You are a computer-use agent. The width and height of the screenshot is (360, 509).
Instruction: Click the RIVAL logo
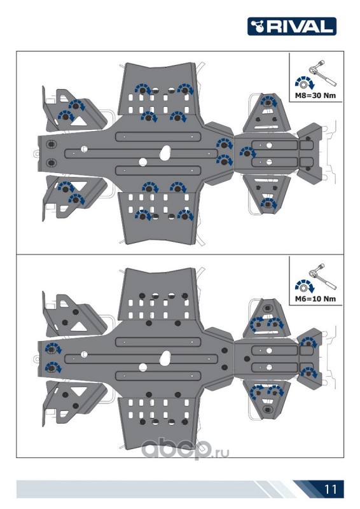click(x=291, y=26)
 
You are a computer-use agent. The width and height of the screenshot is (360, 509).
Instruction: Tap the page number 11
click(x=330, y=489)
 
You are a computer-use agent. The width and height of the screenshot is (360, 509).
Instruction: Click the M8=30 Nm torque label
click(x=315, y=95)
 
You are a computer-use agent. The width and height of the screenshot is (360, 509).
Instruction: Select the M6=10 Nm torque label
click(x=315, y=298)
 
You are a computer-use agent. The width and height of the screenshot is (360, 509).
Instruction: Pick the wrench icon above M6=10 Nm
click(x=322, y=276)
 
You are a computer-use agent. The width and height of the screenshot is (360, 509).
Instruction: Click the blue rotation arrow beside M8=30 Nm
click(x=304, y=83)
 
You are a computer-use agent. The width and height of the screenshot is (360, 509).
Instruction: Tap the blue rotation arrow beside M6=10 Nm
click(x=304, y=286)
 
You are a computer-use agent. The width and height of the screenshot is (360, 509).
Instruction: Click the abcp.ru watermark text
click(x=185, y=449)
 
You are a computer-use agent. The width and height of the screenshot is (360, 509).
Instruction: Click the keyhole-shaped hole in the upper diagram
click(x=165, y=153)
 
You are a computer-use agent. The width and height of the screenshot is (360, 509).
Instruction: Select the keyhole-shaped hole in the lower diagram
click(x=165, y=358)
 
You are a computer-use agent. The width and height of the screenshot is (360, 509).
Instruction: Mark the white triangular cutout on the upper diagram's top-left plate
click(x=79, y=121)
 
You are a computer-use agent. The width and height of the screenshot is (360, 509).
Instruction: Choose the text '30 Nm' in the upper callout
click(x=324, y=95)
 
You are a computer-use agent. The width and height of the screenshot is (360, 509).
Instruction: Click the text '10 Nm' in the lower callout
click(x=324, y=298)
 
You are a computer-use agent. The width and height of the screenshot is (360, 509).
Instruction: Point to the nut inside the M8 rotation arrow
click(x=303, y=85)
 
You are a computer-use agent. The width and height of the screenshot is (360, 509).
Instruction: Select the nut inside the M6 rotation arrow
click(x=303, y=289)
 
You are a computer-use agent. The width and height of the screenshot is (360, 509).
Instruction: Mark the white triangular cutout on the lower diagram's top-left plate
click(x=79, y=326)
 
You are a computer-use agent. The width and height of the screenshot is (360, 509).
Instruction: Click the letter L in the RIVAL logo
click(x=326, y=26)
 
